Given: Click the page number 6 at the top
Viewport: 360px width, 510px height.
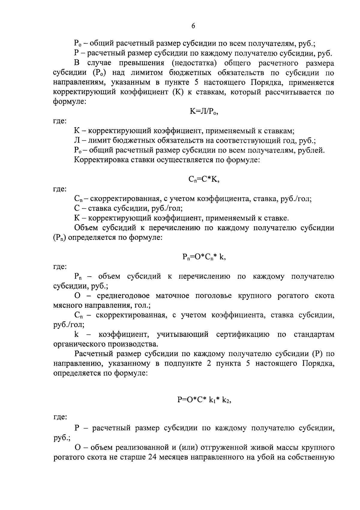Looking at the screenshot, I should tap(193, 26).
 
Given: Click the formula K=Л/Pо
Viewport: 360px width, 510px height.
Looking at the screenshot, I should tap(204, 112).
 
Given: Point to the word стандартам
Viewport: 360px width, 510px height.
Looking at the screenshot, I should tap(314, 334).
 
